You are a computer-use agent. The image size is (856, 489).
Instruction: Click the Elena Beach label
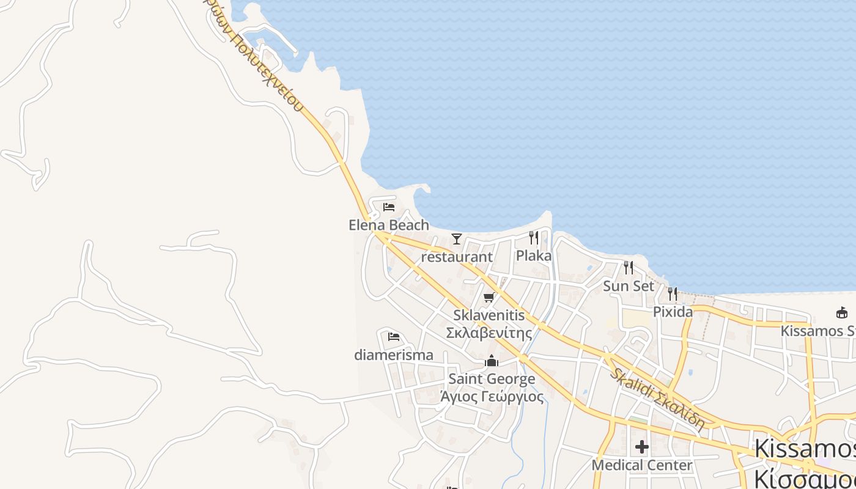point(389,225)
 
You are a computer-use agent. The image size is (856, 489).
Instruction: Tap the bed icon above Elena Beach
point(389,207)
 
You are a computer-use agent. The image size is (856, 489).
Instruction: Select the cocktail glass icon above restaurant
point(456,239)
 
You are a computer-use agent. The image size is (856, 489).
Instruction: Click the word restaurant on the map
point(457,257)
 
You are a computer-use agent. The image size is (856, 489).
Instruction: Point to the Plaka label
point(534,256)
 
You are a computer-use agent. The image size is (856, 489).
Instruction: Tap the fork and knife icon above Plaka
point(534,238)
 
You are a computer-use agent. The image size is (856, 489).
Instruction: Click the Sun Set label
point(629,286)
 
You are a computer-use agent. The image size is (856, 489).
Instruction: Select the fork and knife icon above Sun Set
point(628,268)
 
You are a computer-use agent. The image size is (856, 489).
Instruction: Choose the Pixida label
point(673,312)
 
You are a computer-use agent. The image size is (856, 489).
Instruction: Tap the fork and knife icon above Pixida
point(673,294)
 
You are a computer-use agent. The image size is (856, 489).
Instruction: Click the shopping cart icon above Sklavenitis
point(489,298)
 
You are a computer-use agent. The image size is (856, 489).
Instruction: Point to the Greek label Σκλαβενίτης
point(489,333)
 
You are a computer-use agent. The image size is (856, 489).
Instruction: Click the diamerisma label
point(394,355)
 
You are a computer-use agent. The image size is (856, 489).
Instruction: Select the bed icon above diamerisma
point(394,337)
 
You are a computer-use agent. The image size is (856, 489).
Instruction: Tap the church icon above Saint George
point(492,361)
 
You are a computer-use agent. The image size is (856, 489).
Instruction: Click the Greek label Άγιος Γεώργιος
point(492,397)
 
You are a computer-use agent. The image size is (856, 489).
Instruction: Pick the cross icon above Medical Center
point(641,447)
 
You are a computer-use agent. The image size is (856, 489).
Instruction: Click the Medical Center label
point(641,465)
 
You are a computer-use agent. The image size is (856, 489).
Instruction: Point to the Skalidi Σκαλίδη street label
point(657,397)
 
